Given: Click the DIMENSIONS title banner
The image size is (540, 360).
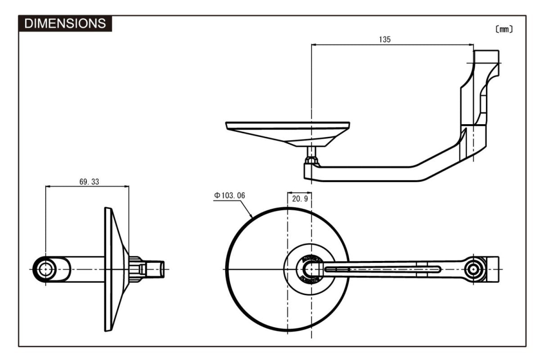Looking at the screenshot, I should pos(65,23).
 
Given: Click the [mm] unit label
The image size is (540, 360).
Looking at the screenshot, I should pos(504,29).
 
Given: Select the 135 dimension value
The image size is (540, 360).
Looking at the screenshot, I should pos(385,39).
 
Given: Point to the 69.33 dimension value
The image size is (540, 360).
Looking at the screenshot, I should pos(89,182).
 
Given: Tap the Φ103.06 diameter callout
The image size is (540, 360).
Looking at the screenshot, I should pos(229,195).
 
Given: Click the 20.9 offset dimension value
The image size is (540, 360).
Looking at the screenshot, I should pos(300,198).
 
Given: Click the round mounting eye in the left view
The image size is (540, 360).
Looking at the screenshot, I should pos(45,269).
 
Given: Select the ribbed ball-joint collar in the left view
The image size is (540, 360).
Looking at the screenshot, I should pos(135,269).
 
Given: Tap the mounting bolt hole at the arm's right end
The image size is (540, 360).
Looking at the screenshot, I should pos(473,269).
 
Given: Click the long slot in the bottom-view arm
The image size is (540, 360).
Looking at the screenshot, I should pos(382,269).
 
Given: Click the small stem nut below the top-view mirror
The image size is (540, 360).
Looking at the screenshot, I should pos(311,160).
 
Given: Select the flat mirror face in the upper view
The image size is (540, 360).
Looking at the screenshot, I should pos(288,123).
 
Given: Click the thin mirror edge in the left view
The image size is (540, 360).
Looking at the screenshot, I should pos(108,269).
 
